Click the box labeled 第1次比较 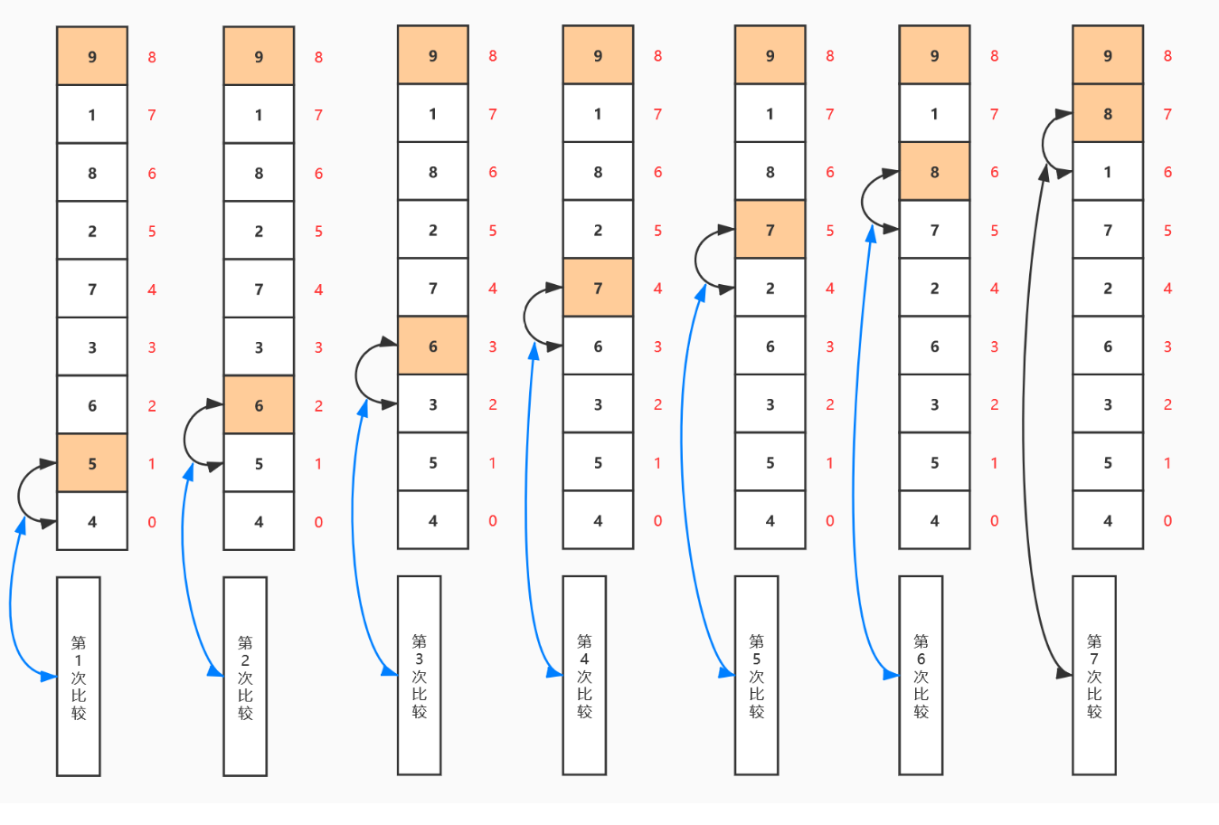pyautogui.click(x=79, y=677)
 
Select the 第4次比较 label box pyautogui.click(x=584, y=675)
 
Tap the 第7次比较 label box pyautogui.click(x=1094, y=675)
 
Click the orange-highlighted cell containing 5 pyautogui.click(x=92, y=463)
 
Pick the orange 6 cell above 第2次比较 pyautogui.click(x=259, y=404)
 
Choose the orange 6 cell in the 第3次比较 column pyautogui.click(x=432, y=346)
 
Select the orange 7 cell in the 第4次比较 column pyautogui.click(x=598, y=287)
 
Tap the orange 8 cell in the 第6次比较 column pyautogui.click(x=934, y=171)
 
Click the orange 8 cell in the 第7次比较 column pyautogui.click(x=1108, y=113)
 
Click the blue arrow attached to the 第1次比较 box pyautogui.click(x=10, y=599)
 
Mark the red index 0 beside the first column pyautogui.click(x=152, y=522)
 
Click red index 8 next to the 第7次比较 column pyautogui.click(x=1167, y=55)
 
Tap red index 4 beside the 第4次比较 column pyautogui.click(x=657, y=288)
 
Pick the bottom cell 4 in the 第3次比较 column pyautogui.click(x=432, y=520)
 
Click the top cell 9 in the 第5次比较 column pyautogui.click(x=770, y=54)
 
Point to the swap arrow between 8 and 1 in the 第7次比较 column pyautogui.click(x=1043, y=144)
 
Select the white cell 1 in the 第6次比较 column pyautogui.click(x=934, y=113)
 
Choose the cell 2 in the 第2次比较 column pyautogui.click(x=259, y=231)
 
